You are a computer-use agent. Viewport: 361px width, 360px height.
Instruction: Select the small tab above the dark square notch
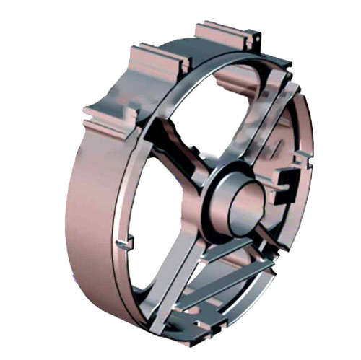coord(303,155)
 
